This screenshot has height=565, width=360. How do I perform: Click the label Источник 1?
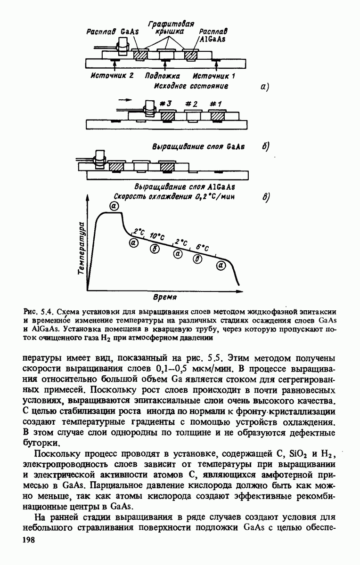[214, 75]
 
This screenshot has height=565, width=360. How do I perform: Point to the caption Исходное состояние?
[191, 86]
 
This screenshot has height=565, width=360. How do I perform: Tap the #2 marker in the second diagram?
[191, 104]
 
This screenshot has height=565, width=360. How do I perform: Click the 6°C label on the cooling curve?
[203, 248]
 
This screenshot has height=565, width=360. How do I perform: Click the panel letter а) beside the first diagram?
[264, 86]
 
